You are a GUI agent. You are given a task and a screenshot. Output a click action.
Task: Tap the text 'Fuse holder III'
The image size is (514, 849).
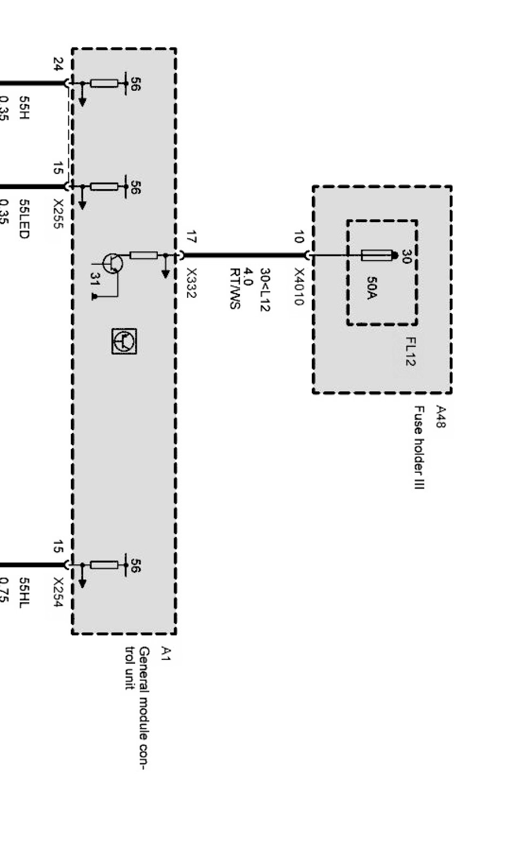click(x=419, y=448)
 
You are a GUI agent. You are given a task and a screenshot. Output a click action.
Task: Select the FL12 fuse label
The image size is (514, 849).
click(x=410, y=351)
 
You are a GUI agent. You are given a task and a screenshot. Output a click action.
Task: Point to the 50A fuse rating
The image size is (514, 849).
click(x=372, y=288)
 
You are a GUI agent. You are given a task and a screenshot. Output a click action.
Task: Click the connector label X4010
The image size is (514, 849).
click(x=299, y=286)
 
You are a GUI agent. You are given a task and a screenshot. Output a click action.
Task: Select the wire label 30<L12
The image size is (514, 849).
click(x=265, y=290)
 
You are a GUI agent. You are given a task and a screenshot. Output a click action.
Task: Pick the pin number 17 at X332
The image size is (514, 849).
click(x=191, y=237)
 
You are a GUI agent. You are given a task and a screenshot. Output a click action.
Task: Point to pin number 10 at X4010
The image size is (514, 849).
click(x=299, y=237)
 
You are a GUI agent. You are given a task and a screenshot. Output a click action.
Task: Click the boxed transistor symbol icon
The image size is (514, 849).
click(x=124, y=341)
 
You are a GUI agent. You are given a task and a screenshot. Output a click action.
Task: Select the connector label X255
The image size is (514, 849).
click(x=58, y=213)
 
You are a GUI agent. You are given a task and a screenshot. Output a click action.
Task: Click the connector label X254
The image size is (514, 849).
click(x=58, y=592)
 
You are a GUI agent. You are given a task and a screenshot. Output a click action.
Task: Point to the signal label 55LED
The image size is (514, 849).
click(x=24, y=218)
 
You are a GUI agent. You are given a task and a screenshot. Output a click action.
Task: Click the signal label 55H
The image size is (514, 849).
click(x=24, y=108)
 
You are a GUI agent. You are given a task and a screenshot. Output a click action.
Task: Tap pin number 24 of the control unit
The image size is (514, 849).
click(x=58, y=64)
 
